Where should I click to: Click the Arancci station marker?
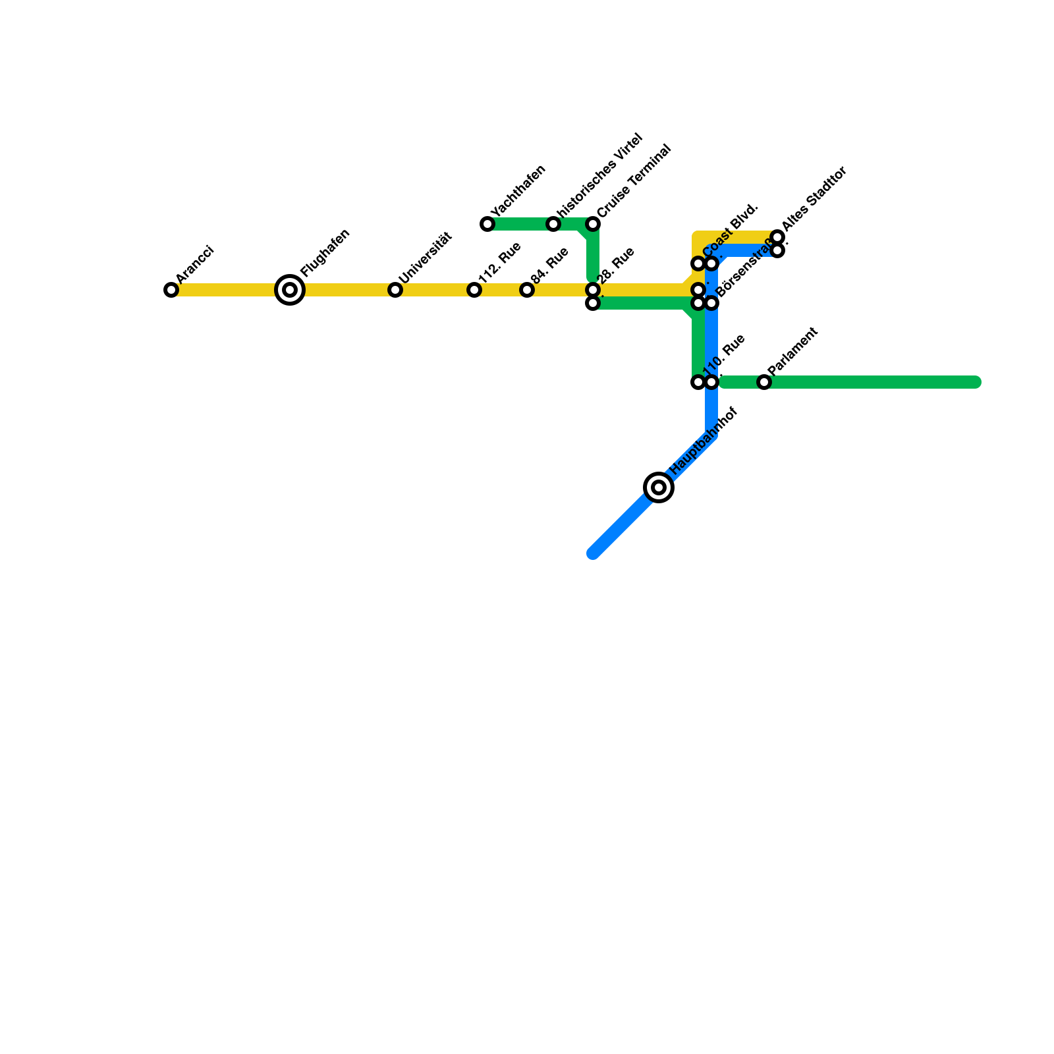click(x=171, y=290)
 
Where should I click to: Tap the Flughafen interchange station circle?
click(x=290, y=290)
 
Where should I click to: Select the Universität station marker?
click(x=395, y=290)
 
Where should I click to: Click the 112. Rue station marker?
click(x=474, y=290)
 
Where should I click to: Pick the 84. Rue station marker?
click(x=527, y=290)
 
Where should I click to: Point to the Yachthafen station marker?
click(x=487, y=224)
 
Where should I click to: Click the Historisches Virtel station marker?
click(x=553, y=224)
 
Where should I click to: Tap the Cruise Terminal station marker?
click(x=593, y=224)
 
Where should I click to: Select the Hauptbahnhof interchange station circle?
click(x=659, y=487)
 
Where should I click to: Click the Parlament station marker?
click(x=764, y=382)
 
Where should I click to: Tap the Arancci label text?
click(x=195, y=263)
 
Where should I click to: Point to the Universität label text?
click(x=426, y=258)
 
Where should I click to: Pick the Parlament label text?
click(x=792, y=352)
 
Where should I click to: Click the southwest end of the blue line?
click(x=593, y=553)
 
